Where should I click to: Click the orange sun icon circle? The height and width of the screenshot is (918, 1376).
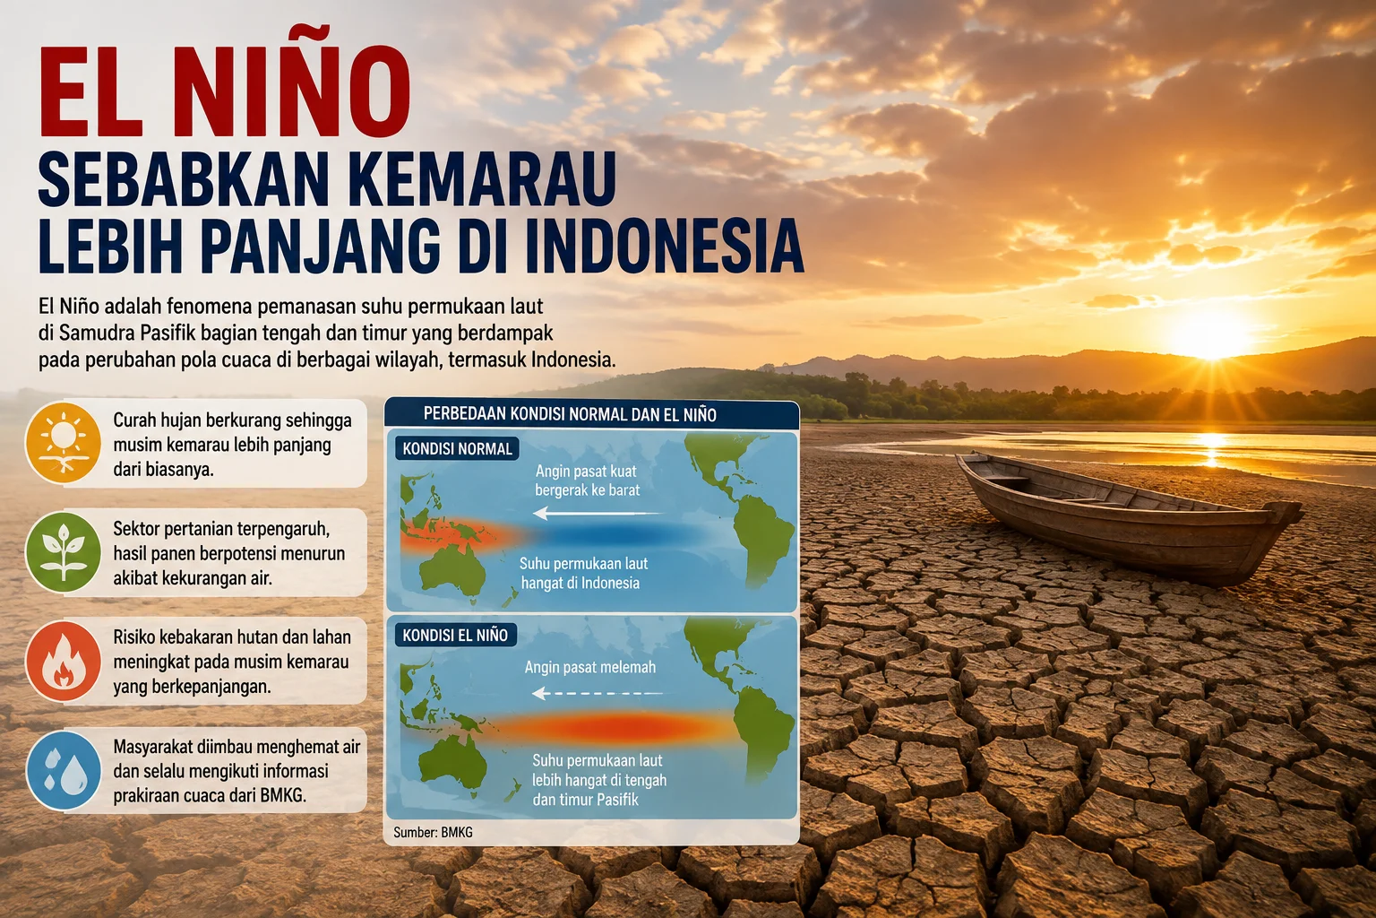(x=64, y=442)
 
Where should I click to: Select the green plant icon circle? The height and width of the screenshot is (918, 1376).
(x=64, y=551)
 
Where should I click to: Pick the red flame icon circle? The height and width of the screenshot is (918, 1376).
(x=64, y=661)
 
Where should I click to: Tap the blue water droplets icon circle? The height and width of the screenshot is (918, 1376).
(x=64, y=770)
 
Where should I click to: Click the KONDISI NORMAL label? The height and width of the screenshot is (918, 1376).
(x=457, y=449)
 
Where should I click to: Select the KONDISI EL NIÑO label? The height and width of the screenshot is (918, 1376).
(x=455, y=635)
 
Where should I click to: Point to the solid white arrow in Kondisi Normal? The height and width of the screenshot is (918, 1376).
(x=598, y=513)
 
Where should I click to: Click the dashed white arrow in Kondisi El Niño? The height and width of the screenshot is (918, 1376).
(x=598, y=694)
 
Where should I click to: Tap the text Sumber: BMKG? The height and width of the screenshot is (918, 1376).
(x=433, y=833)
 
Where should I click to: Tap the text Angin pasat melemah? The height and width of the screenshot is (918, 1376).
(x=589, y=667)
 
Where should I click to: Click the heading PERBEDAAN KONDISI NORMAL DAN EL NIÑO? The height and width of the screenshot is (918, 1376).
(x=570, y=414)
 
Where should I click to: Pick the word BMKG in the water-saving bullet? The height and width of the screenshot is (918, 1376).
(x=282, y=796)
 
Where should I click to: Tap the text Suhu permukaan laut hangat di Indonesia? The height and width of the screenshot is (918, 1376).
(x=583, y=573)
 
